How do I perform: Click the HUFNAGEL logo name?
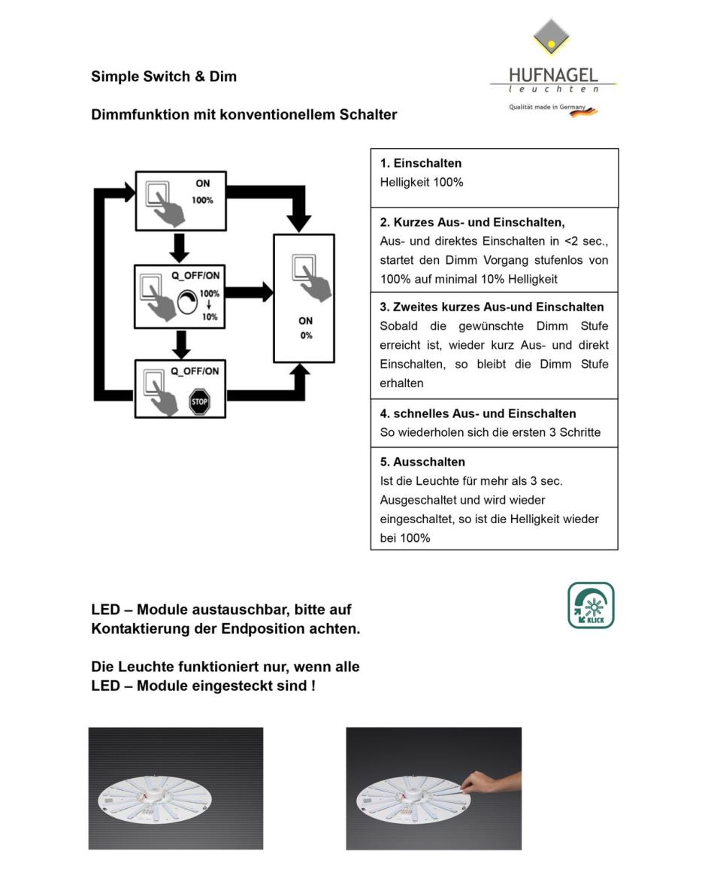[x=553, y=75]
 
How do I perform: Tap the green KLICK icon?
[x=591, y=605]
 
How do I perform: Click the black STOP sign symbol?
[x=199, y=401]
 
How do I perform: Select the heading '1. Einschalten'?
[x=421, y=163]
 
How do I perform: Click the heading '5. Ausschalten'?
[x=422, y=462]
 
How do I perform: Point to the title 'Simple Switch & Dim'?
[x=164, y=76]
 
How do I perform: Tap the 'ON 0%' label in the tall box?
[x=306, y=328]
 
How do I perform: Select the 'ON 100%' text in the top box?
[x=202, y=191]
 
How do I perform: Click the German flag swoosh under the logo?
[x=584, y=112]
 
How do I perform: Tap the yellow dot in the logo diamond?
[x=551, y=44]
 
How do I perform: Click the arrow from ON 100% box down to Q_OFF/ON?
[x=179, y=247]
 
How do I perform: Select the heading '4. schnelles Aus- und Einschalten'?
[x=478, y=413]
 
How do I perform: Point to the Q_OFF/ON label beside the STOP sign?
[x=195, y=371]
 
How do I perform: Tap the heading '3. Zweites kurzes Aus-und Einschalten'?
[x=492, y=307]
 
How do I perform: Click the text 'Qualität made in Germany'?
[x=547, y=107]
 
